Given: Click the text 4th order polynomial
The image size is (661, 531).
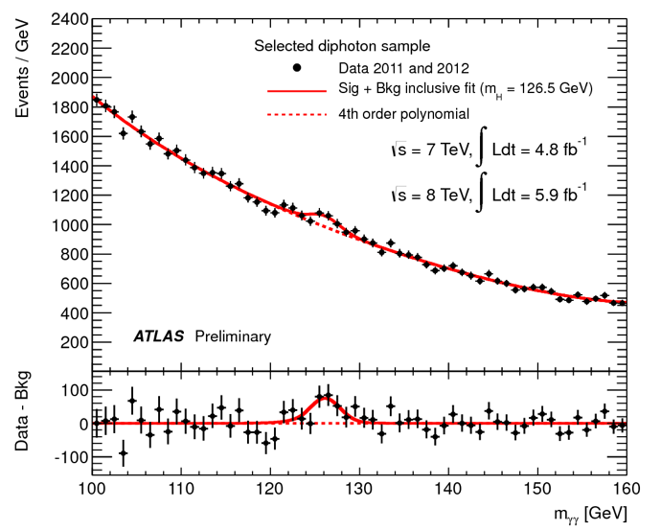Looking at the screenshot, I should pyautogui.click(x=403, y=114).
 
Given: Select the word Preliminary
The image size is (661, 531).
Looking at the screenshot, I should pyautogui.click(x=233, y=336).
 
